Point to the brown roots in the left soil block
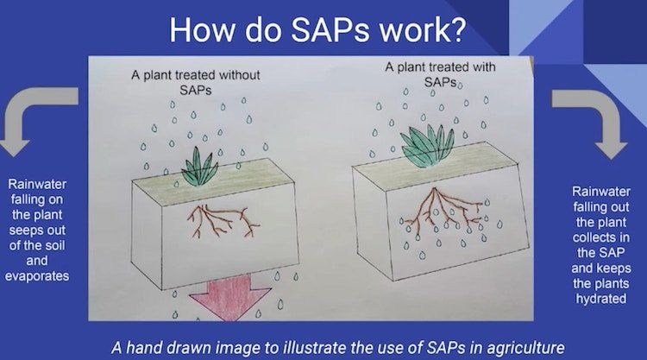point(222,221)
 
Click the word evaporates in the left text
point(37,276)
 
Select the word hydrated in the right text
point(601,299)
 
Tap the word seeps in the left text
point(26,231)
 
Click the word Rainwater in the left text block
point(37,184)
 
